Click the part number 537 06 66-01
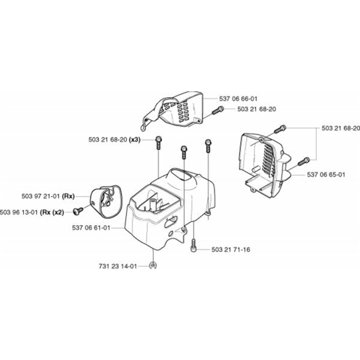pos(238,99)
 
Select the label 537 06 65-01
pos(326,174)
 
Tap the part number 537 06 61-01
pos(91,228)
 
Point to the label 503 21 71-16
pos(231,249)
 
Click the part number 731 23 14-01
pos(118,266)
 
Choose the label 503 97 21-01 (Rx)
pos(48,196)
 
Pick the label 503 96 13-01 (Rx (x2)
pos(32,212)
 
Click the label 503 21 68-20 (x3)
pos(114,139)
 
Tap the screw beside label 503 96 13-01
pos(78,211)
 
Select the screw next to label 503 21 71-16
pos(193,246)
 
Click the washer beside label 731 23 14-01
pos(153,265)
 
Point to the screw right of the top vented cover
pos(218,111)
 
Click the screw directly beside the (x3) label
pos(159,142)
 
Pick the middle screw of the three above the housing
pos(184,152)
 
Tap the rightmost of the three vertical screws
pos(208,145)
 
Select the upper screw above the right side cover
pos(280,129)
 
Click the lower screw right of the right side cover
pos(303,161)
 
